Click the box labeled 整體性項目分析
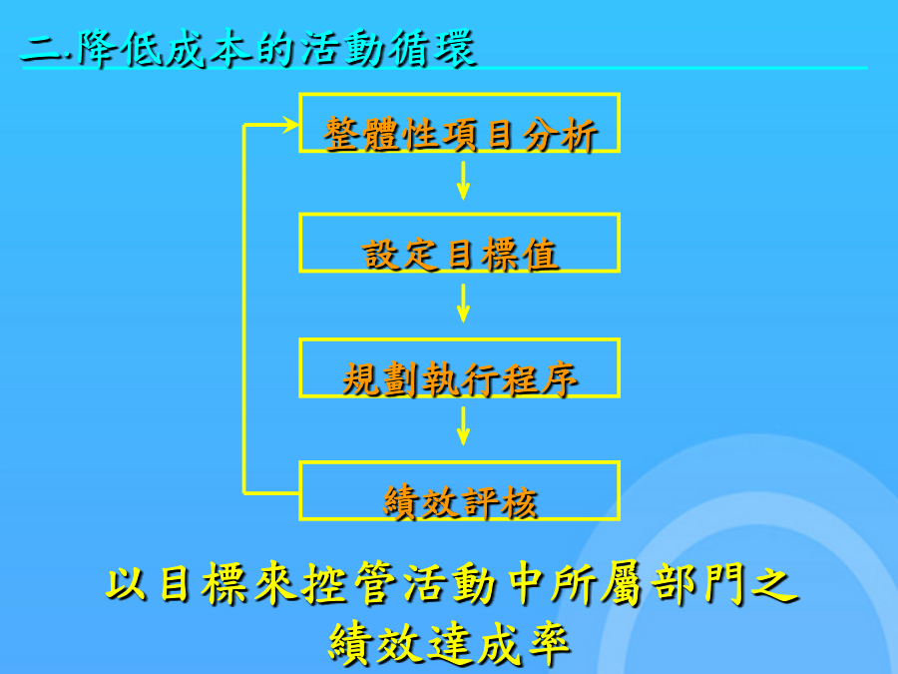pos(459,95)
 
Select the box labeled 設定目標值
pos(459,216)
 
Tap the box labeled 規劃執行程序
pos(459,340)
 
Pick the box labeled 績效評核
pos(459,463)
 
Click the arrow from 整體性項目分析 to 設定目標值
pos(463,181)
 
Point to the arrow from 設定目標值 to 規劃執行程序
pos(463,304)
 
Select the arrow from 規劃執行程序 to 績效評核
pos(463,426)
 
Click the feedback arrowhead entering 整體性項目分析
pos(291,125)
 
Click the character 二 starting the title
pos(42,49)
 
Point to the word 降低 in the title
pos(121,48)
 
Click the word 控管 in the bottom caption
pos(349,583)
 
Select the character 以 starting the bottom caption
pos(126,584)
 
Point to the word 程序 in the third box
pos(539,379)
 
